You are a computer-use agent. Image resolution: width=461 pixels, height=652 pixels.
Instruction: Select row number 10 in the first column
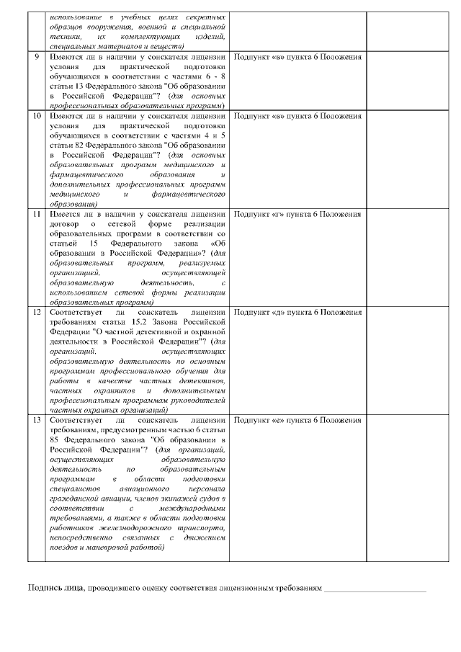37,116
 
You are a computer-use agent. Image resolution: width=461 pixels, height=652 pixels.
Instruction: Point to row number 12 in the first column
37,312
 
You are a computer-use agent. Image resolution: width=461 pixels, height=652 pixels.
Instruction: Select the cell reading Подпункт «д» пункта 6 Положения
297,312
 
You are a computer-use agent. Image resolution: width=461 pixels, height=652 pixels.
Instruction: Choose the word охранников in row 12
115,390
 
